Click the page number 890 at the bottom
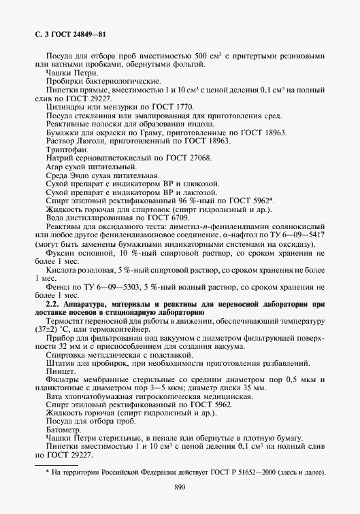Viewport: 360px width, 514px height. (x=180, y=486)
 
